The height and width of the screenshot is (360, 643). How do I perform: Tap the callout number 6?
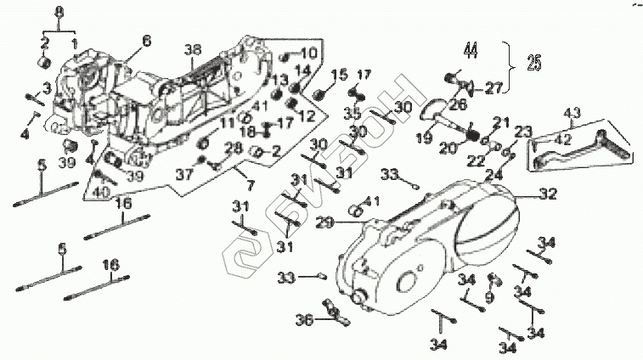click(146, 41)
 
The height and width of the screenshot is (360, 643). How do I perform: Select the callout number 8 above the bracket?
click(58, 10)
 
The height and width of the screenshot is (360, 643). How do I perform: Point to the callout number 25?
click(533, 62)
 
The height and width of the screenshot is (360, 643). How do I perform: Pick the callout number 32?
click(548, 194)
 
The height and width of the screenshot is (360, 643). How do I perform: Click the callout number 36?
click(304, 319)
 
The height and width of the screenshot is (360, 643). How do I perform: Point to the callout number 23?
click(521, 131)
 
